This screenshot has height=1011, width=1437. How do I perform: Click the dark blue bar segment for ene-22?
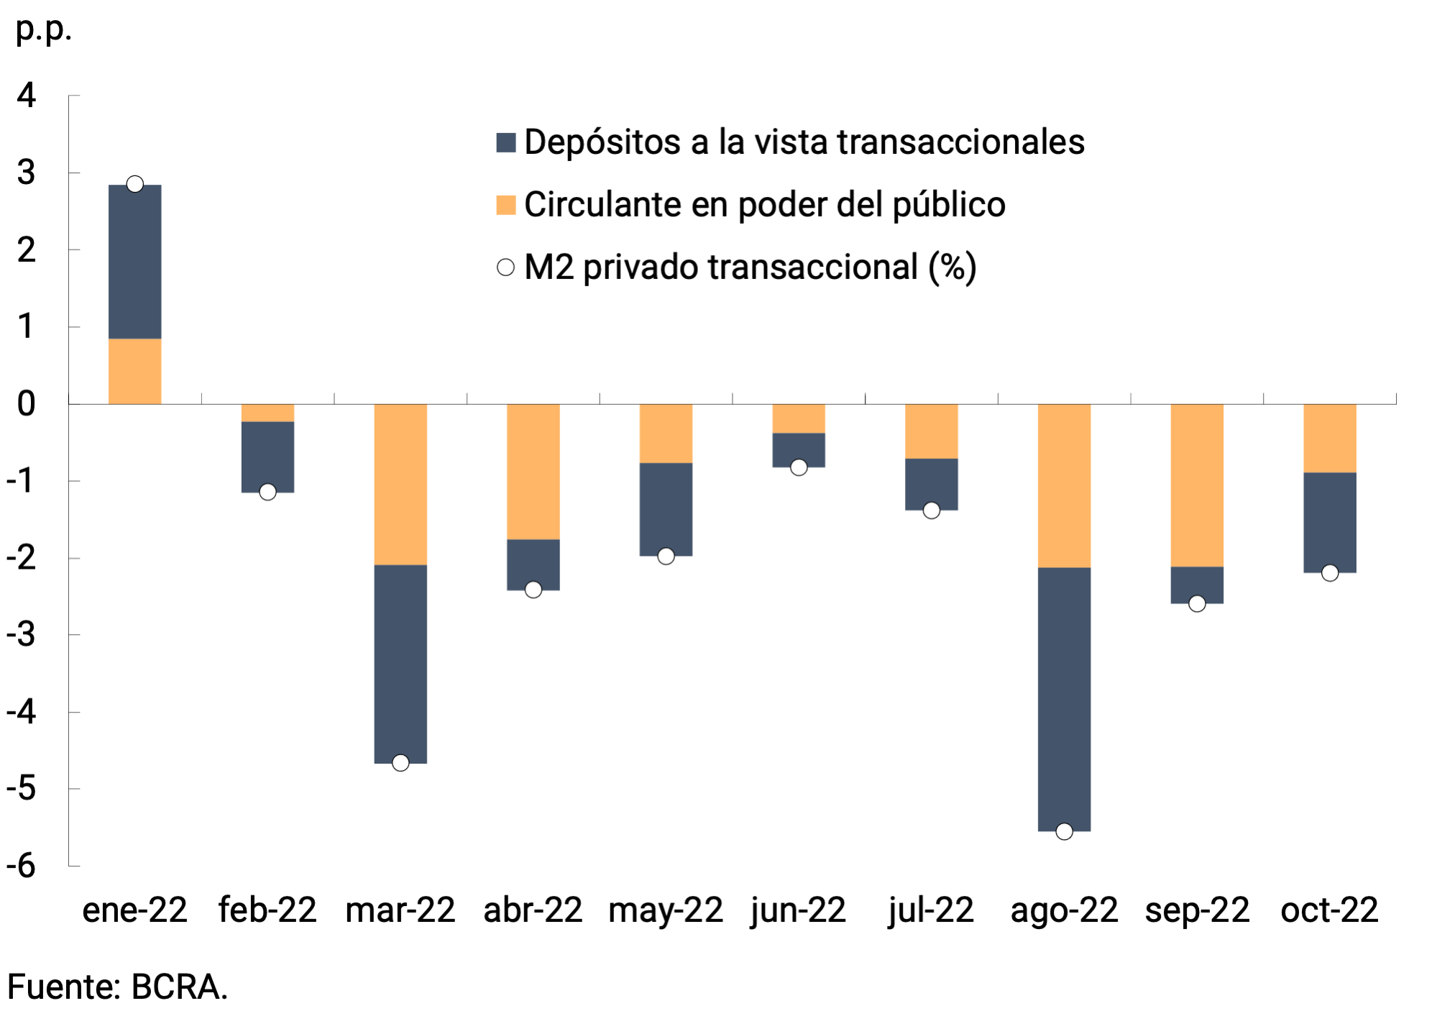(x=134, y=262)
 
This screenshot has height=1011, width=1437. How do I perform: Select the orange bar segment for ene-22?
(x=134, y=371)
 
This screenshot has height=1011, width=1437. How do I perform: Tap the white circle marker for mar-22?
(x=400, y=763)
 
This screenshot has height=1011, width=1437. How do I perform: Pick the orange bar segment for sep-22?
(x=1196, y=485)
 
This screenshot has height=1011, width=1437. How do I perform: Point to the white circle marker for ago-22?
(x=1064, y=831)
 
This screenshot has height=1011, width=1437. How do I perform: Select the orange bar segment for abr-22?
(x=533, y=472)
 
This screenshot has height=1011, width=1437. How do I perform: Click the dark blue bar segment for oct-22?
(x=1329, y=523)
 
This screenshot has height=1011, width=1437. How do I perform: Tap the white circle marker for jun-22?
(x=799, y=467)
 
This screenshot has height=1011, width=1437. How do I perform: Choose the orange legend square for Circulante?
(x=506, y=205)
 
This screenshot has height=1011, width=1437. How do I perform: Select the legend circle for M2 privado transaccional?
(x=506, y=267)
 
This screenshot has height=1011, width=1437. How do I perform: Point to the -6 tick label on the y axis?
(x=22, y=866)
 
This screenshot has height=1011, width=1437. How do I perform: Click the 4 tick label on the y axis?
(x=27, y=95)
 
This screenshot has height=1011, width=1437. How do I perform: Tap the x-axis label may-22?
(x=665, y=910)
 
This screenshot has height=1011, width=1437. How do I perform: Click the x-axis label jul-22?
(x=931, y=910)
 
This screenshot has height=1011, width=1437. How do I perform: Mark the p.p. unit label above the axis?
(x=43, y=30)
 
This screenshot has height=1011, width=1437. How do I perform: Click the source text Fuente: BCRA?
(x=117, y=987)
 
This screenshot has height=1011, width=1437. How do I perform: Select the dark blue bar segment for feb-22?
(x=267, y=457)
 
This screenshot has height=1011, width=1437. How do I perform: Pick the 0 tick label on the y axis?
(x=27, y=404)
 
